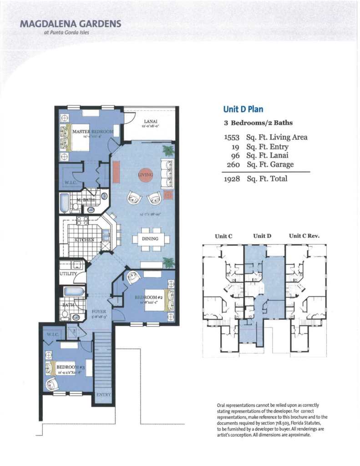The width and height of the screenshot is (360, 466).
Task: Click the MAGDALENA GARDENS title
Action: pos(70,23)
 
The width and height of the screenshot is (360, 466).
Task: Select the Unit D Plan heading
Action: pos(243,109)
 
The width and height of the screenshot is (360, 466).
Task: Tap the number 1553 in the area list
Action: pos(232,137)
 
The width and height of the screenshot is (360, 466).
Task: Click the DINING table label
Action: pos(150,239)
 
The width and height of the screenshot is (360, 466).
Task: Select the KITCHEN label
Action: pos(85,239)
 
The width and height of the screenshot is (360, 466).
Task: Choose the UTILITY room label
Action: pos(68,274)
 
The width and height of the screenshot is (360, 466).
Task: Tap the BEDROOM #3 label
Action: pos(71,367)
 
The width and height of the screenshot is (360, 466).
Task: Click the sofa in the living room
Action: pos(167,174)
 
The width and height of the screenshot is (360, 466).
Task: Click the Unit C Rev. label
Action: pos(304,236)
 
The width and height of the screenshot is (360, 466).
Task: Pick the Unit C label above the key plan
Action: pos(223,236)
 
